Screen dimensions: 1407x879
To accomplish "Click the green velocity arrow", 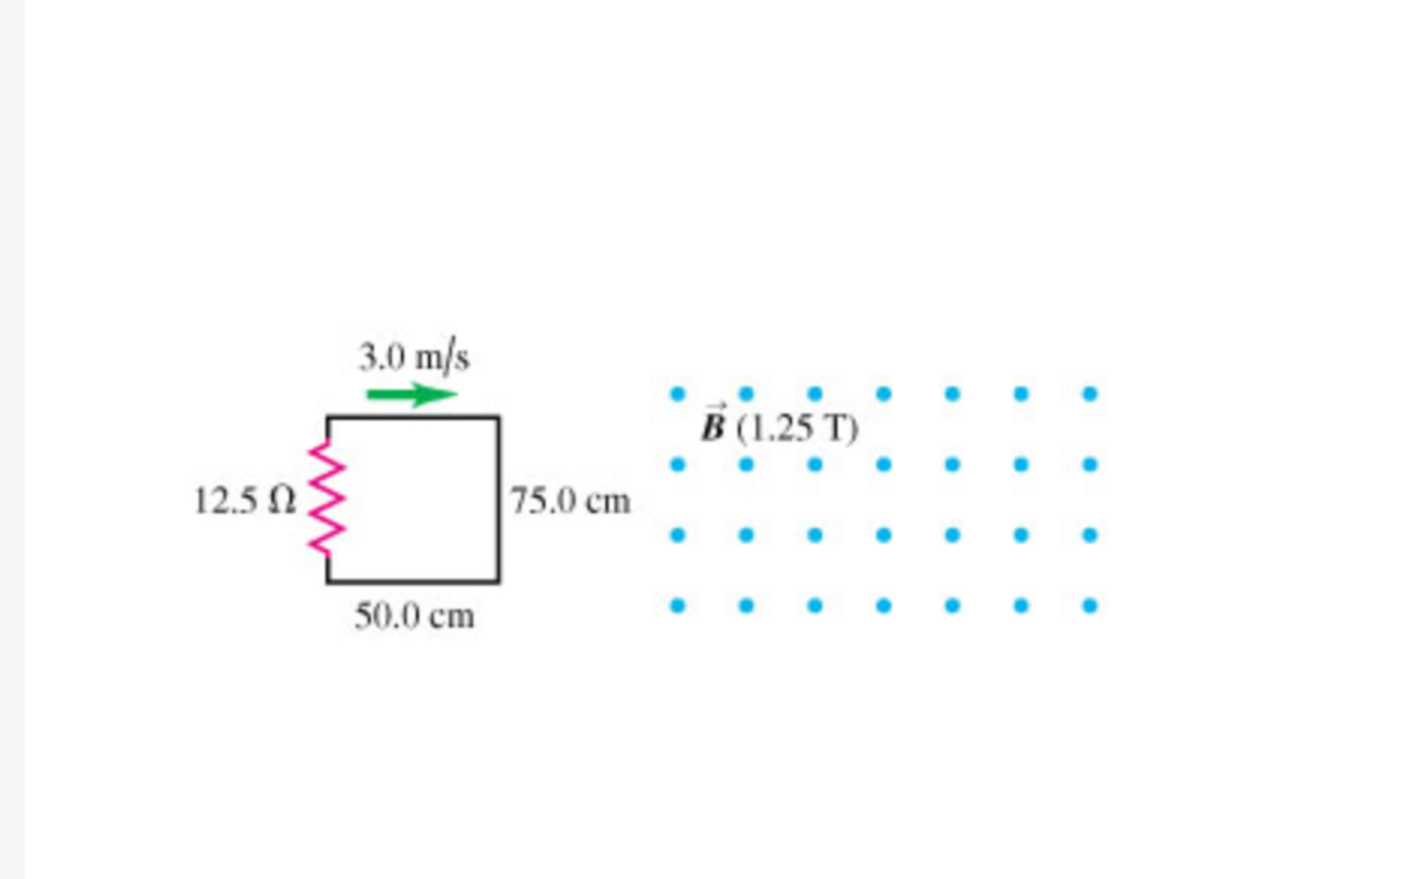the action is click(x=412, y=395).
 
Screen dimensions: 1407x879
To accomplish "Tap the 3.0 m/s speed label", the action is click(x=414, y=357).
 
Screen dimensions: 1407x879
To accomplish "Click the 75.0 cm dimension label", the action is click(x=570, y=501).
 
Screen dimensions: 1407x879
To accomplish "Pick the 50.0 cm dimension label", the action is click(x=414, y=616).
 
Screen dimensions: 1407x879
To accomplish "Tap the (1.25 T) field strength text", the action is click(x=796, y=429).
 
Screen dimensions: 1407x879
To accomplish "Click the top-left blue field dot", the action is click(x=678, y=394).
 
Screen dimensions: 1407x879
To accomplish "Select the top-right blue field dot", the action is click(x=1090, y=394).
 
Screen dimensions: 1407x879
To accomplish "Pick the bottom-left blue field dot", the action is click(x=678, y=606).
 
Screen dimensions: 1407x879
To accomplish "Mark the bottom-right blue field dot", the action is click(x=1090, y=606).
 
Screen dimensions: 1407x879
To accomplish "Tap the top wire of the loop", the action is click(x=413, y=417).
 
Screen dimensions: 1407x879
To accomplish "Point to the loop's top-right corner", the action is click(x=498, y=417).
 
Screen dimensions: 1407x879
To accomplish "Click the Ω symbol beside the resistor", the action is click(x=282, y=501).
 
